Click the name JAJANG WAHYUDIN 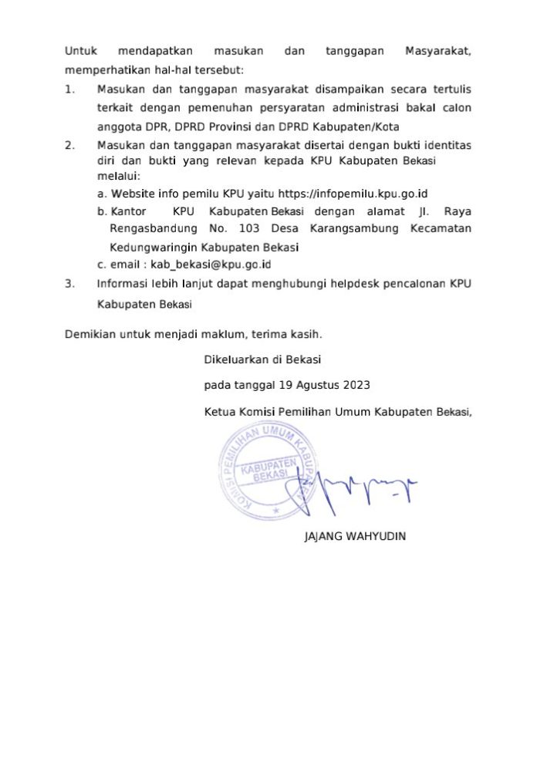355,536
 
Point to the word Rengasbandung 149,229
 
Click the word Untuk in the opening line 80,52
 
